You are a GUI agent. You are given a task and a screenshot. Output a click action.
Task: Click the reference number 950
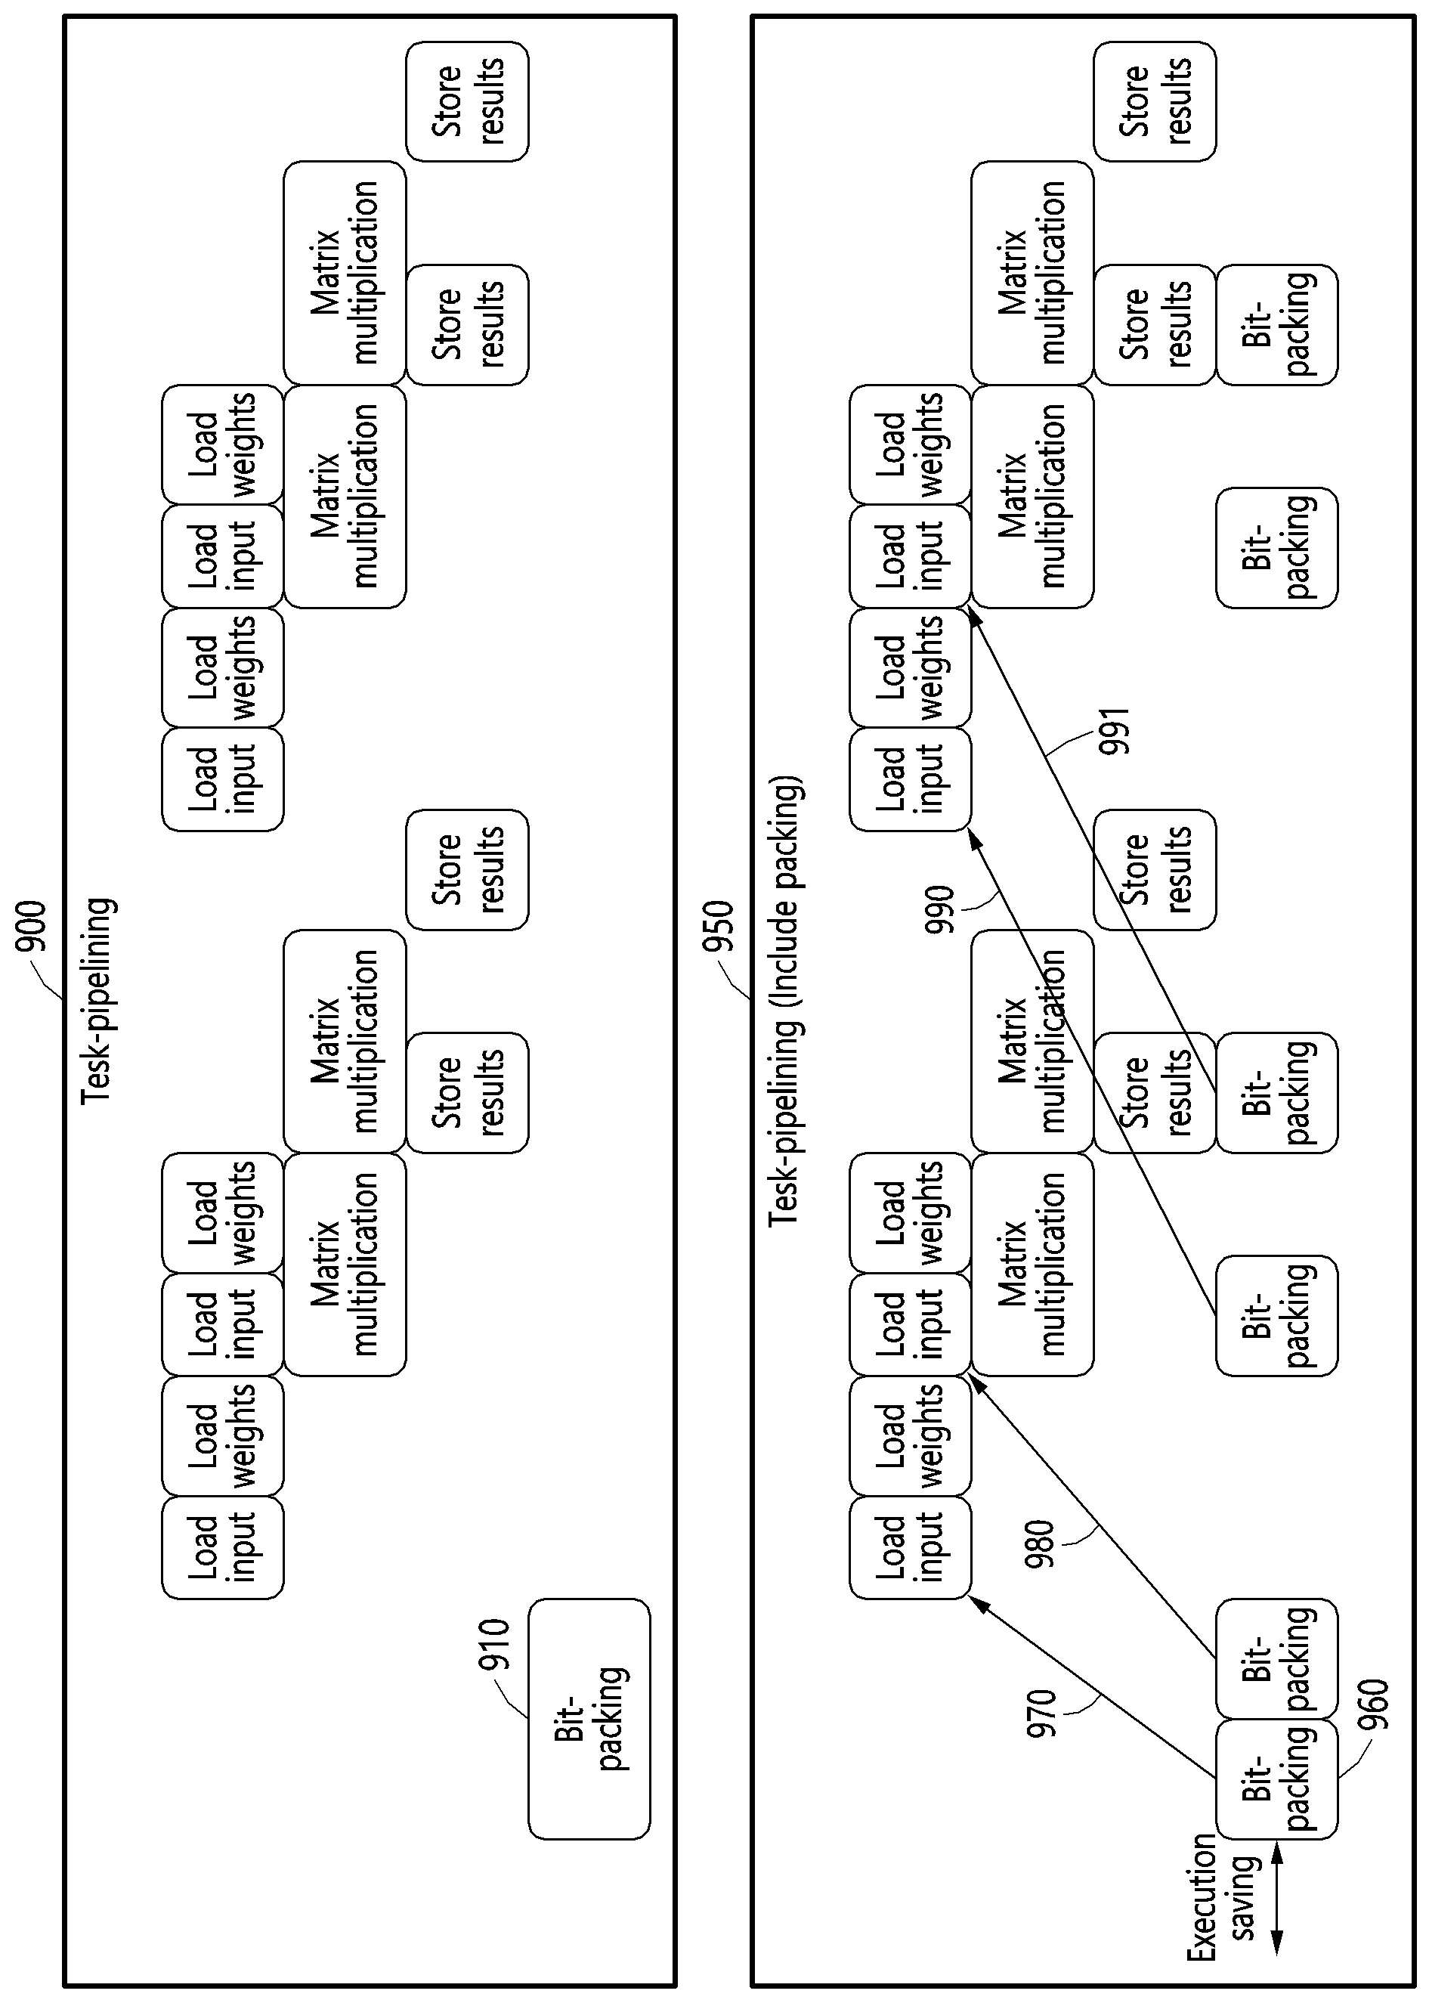[x=719, y=927]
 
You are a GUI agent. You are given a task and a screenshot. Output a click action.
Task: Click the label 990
[x=940, y=912]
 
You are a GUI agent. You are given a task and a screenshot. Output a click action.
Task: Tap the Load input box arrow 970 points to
[x=911, y=1546]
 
